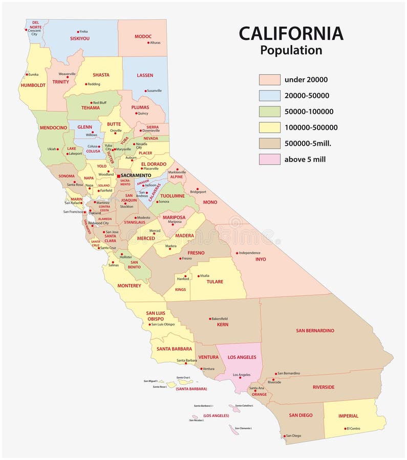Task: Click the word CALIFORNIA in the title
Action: pos(291,34)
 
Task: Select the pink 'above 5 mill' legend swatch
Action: pos(269,159)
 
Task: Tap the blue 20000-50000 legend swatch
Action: pos(269,96)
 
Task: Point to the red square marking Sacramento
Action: pos(118,175)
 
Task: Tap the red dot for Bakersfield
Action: pos(210,319)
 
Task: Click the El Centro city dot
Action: pos(346,428)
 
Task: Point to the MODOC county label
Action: pos(143,36)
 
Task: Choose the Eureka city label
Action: pos(33,75)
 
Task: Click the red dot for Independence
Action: pos(237,253)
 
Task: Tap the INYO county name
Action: pos(261,259)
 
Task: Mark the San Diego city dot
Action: pos(284,436)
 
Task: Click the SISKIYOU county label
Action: pos(80,38)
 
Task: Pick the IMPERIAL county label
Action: pos(348,416)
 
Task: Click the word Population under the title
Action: pos(291,51)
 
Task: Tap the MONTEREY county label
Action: pos(129,286)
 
